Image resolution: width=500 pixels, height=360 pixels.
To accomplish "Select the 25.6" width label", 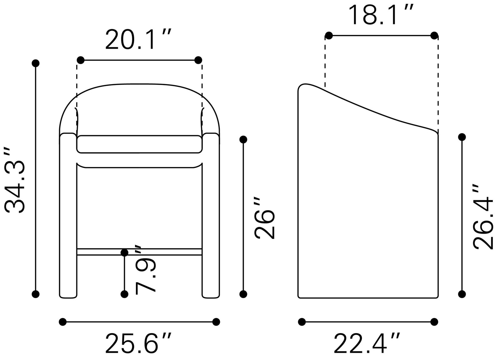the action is (138, 343).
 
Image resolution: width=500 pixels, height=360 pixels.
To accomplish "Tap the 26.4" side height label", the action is (483, 217).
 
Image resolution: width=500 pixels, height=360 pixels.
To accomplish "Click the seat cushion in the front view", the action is (139, 144).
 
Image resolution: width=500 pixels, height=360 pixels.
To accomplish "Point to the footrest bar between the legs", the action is (139, 252).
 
